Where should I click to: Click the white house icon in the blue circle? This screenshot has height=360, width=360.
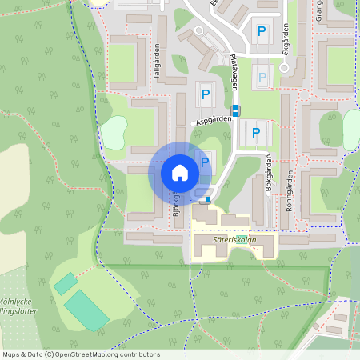click(179, 173)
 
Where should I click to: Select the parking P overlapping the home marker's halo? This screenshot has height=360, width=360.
click(205, 162)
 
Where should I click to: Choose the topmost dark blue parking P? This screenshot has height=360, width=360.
click(261, 33)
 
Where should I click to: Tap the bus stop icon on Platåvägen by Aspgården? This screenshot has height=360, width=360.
click(235, 110)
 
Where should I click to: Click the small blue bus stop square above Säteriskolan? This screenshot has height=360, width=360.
click(208, 199)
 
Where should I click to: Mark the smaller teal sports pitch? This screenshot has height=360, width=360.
click(66, 282)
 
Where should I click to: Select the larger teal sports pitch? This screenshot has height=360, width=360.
click(86, 310)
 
